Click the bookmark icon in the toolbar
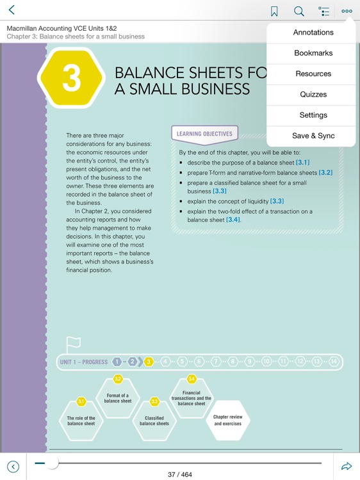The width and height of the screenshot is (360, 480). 274,12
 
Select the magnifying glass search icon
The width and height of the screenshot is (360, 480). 299,12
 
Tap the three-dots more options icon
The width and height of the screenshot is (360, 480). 347,11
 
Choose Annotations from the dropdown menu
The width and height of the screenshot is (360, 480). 313,33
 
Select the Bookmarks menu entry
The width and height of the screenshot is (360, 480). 313,53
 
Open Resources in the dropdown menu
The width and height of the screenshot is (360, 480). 313,74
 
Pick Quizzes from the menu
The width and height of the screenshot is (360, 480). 313,94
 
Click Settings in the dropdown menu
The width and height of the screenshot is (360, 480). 313,115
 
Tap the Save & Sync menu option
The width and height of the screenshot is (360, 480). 313,136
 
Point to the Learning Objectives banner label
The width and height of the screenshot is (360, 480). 204,134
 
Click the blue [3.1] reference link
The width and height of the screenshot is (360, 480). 302,163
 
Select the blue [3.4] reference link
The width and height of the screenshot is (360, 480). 233,220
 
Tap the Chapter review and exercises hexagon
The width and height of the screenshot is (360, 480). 227,420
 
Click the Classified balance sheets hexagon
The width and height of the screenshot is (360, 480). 154,420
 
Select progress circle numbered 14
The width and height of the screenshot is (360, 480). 333,362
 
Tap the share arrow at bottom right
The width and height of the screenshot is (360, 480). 347,467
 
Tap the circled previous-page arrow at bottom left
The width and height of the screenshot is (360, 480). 13,467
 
